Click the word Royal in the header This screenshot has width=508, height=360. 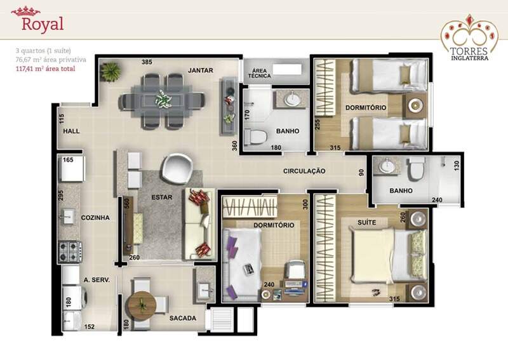click(43, 25)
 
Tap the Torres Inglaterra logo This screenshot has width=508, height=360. click(469, 37)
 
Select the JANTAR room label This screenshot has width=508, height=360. click(201, 70)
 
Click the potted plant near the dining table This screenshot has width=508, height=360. click(110, 71)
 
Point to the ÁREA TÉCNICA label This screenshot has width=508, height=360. click(260, 73)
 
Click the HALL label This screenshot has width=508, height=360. click(71, 131)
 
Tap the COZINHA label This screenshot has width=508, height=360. click(95, 218)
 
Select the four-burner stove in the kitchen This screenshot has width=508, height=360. click(70, 251)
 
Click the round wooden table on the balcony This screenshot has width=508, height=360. click(141, 306)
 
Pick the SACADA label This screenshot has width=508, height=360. click(183, 318)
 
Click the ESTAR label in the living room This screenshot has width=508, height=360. click(162, 197)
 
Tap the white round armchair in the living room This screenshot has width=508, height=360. click(178, 168)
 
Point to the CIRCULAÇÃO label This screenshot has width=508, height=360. click(304, 171)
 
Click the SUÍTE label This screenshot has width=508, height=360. click(367, 222)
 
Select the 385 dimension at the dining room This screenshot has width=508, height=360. click(147, 62)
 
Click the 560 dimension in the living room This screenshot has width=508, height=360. click(127, 203)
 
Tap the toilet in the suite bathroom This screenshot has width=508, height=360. click(417, 168)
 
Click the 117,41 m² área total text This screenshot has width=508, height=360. click(45, 69)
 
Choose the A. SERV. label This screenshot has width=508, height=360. click(97, 280)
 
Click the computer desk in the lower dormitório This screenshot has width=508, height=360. click(294, 286)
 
